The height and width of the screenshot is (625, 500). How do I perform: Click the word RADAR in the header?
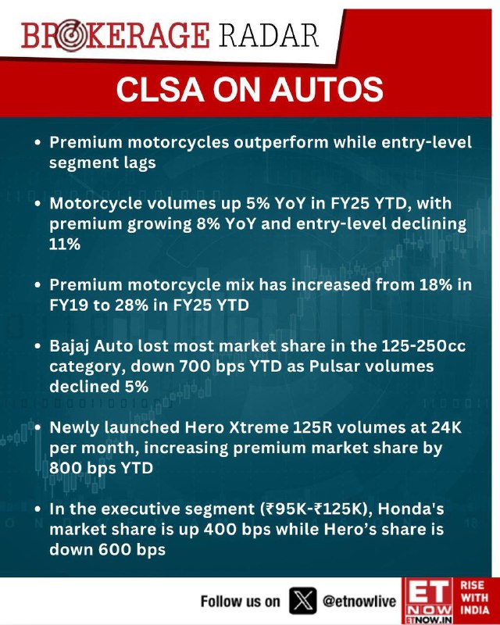tap(268, 36)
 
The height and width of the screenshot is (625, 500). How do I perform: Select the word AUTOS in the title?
tap(327, 90)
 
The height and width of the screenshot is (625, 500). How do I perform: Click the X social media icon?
tap(302, 600)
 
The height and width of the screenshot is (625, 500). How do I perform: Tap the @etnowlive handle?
tap(359, 601)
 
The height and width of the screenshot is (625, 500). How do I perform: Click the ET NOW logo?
tap(428, 601)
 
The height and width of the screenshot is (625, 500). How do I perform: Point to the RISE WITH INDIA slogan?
tap(474, 598)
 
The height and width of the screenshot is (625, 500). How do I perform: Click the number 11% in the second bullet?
tap(65, 244)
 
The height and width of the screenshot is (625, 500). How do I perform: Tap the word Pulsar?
tap(335, 366)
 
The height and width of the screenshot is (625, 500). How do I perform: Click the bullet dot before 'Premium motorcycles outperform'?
tap(37, 142)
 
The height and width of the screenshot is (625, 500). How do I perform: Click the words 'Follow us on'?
tap(240, 601)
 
